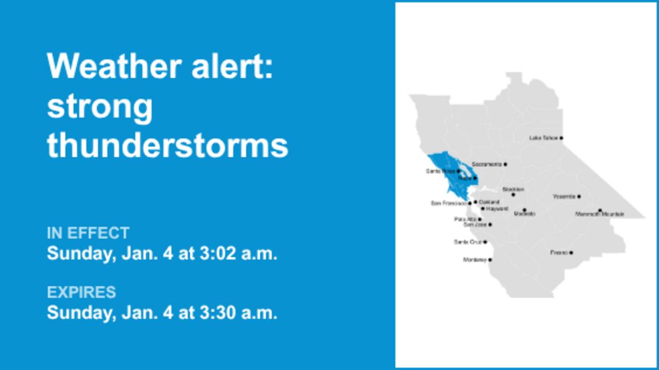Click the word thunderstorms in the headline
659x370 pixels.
(167, 146)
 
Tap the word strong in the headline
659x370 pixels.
(100, 106)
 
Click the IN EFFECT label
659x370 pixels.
(88, 233)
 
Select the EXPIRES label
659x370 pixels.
(81, 292)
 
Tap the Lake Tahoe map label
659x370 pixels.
(543, 138)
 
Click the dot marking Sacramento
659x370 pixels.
(505, 165)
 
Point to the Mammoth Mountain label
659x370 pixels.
(599, 215)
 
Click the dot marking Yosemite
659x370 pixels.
(579, 197)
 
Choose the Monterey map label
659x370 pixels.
(475, 260)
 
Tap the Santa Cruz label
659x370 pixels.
(467, 242)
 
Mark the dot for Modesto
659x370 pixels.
(524, 210)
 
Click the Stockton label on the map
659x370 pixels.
(513, 190)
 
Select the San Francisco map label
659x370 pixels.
(449, 203)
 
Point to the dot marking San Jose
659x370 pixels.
(490, 225)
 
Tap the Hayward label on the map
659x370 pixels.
(497, 209)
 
